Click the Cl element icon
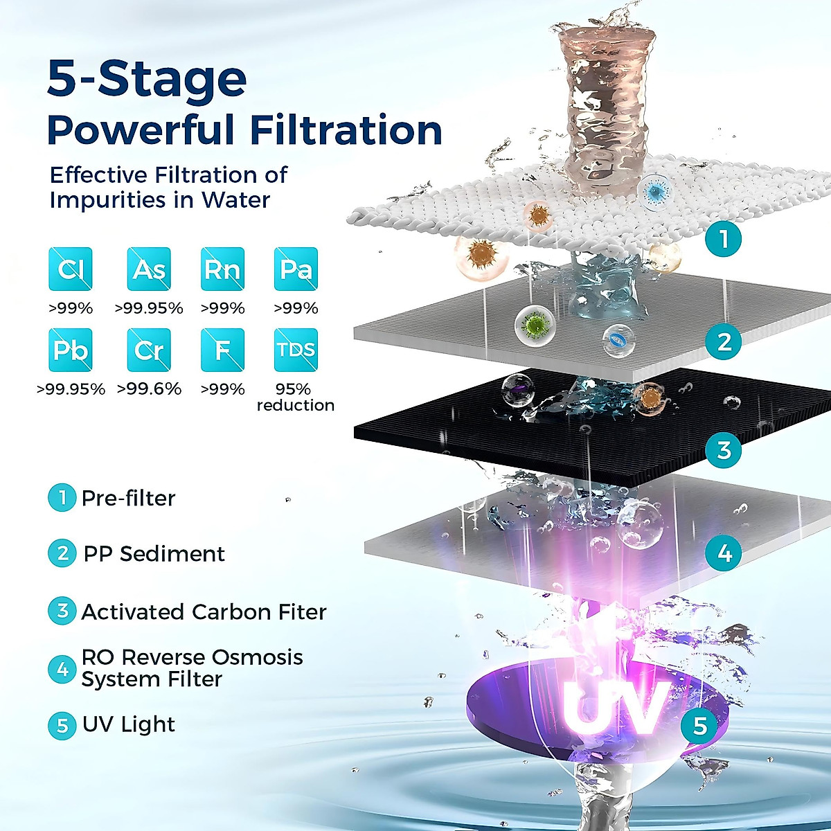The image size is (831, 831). pos(71,269)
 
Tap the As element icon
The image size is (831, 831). pos(149,269)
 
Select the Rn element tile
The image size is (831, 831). pos(222,269)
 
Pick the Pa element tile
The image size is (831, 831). pos(296,269)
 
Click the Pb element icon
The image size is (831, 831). pos(71,350)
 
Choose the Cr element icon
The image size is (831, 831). pos(149,350)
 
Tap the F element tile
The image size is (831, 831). pos(222,350)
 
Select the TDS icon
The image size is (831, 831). pos(296,350)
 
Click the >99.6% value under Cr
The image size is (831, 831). pos(149,389)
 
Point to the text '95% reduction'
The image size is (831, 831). pos(295,397)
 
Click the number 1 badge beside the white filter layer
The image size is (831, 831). pos(724,240)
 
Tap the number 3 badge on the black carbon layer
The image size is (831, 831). pos(724,450)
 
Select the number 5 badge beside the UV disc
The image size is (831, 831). pos(699,726)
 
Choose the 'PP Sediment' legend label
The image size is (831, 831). pos(154,554)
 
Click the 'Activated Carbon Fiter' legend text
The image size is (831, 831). pos(204,612)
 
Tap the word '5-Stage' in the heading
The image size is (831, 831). pos(147,79)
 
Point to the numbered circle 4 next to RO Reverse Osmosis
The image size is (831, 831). pos(62,670)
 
